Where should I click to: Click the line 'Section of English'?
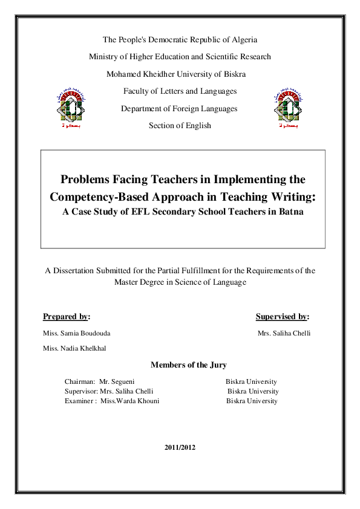pos(180,126)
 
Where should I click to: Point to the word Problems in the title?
pos(84,180)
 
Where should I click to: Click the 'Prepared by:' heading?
pos(67,316)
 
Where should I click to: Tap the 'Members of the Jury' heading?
pos(188,365)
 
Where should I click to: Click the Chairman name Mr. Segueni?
pos(117,382)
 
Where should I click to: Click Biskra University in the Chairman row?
pos(251,382)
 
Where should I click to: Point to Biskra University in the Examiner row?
pos(252,401)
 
